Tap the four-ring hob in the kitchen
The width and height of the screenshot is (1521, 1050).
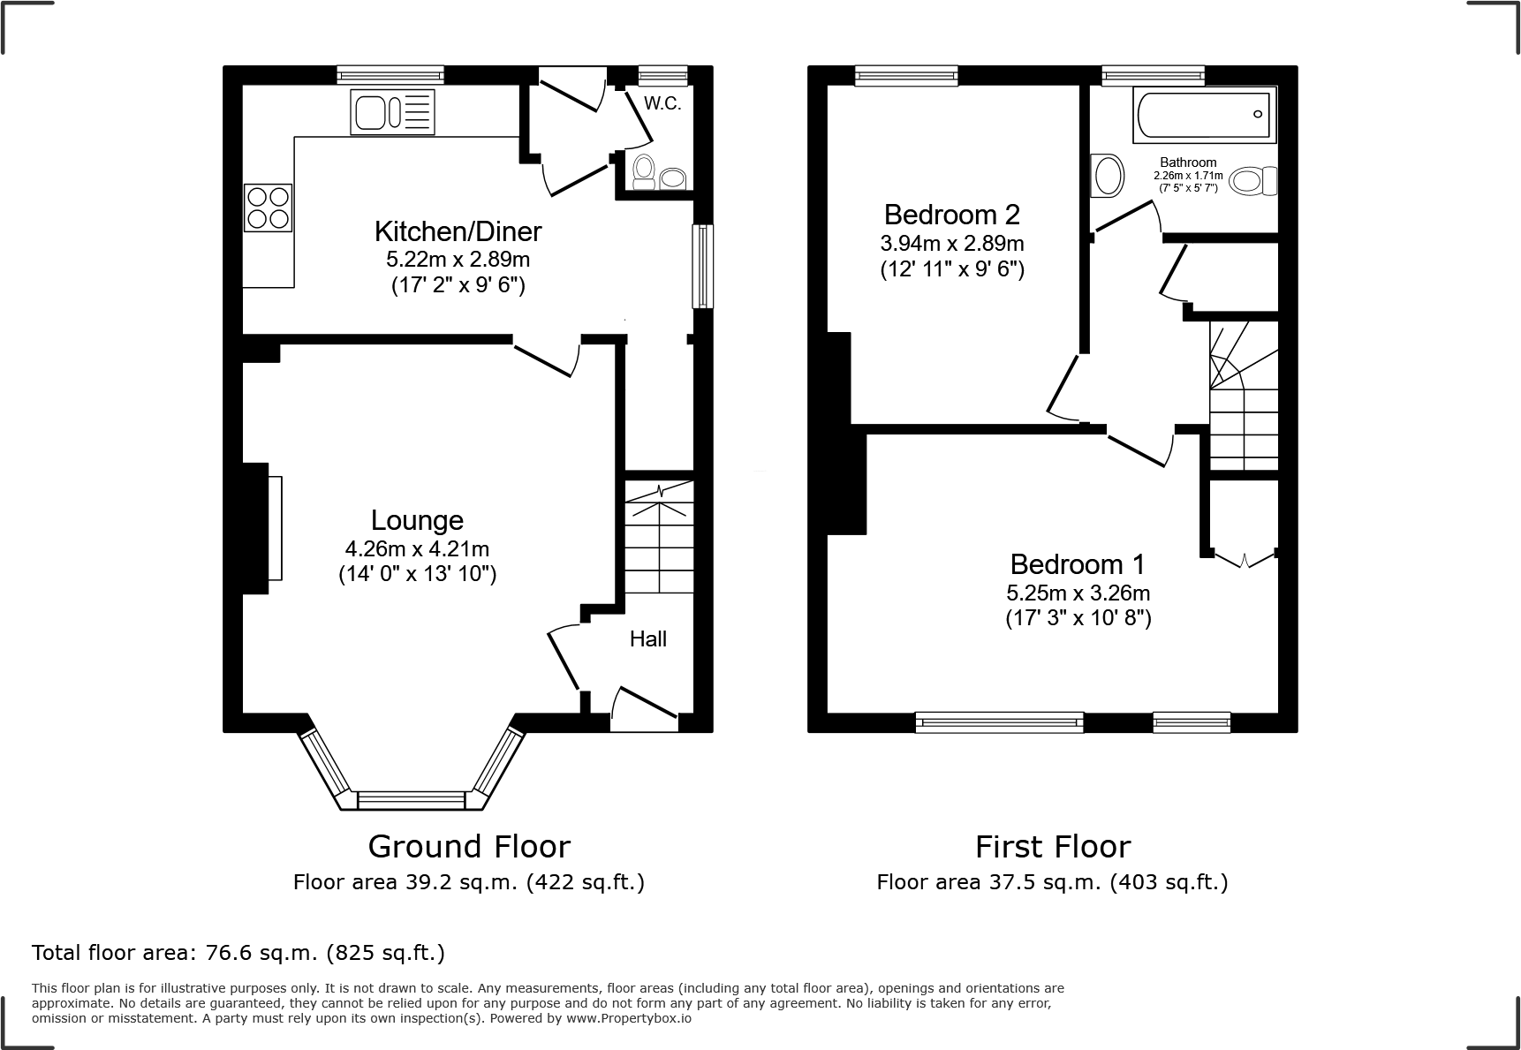coord(268,208)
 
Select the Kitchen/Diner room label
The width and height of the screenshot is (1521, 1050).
coord(458,231)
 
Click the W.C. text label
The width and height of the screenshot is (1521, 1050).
coord(662,103)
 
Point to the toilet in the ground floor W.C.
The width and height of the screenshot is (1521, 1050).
coord(644,170)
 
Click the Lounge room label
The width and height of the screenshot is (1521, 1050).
coord(417,520)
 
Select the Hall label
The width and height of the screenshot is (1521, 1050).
coord(647,638)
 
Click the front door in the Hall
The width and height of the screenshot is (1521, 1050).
coord(645,709)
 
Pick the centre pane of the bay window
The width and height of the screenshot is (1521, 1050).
coord(411,800)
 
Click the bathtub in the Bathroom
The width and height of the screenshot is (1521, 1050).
coord(1205,114)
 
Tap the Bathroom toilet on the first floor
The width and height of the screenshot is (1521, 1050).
coord(1252,182)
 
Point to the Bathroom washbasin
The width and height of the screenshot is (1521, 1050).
coord(1108,176)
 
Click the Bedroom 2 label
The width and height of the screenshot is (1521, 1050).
coord(951,215)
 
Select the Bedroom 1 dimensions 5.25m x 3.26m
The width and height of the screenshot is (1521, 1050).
coord(1078,593)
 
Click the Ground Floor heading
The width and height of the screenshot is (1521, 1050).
coord(468,846)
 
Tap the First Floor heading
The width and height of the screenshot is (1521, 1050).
coord(1052,846)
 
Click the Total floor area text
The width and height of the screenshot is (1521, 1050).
coord(238,953)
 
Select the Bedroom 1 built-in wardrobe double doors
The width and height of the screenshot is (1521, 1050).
coord(1244,558)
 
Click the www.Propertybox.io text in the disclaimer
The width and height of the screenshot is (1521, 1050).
coord(629,1017)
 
